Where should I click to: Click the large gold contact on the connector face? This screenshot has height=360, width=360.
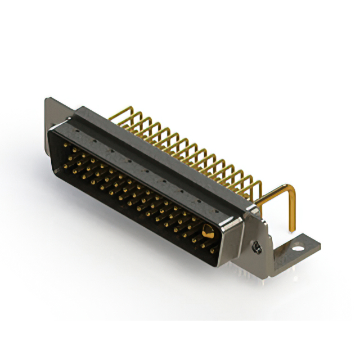click(208, 232)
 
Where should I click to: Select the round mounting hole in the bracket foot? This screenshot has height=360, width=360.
click(299, 246)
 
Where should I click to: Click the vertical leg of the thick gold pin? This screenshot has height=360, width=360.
click(292, 211)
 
